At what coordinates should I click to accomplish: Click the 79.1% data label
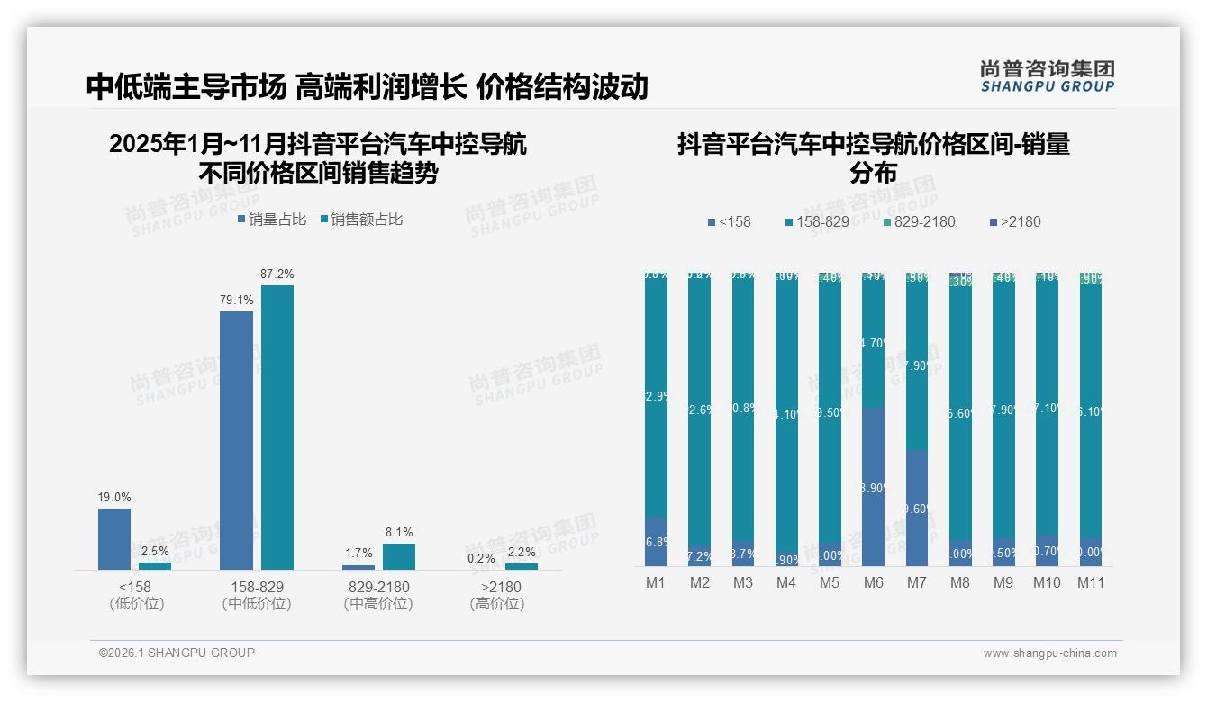pyautogui.click(x=236, y=301)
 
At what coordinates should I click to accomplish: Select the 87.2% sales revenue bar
pyautogui.click(x=277, y=427)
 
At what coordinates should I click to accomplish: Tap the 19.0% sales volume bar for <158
pyautogui.click(x=114, y=538)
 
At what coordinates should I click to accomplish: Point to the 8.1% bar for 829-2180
pyautogui.click(x=399, y=556)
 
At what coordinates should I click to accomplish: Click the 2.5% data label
pyautogui.click(x=155, y=551)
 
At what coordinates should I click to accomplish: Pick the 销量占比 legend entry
pyautogui.click(x=272, y=219)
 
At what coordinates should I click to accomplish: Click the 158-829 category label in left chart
pyautogui.click(x=257, y=587)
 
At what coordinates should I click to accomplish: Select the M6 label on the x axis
pyautogui.click(x=873, y=582)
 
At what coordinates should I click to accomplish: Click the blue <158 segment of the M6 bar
pyautogui.click(x=873, y=487)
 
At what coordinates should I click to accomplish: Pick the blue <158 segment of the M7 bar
pyautogui.click(x=916, y=508)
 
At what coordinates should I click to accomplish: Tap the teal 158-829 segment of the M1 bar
pyautogui.click(x=656, y=396)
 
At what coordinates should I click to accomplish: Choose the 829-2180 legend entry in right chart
pyautogui.click(x=918, y=221)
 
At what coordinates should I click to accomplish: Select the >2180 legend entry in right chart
pyautogui.click(x=1014, y=221)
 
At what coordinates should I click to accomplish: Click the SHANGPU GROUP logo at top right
pyautogui.click(x=1047, y=76)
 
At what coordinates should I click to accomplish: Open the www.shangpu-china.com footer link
pyautogui.click(x=1049, y=653)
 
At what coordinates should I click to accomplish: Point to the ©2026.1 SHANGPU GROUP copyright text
pyautogui.click(x=177, y=652)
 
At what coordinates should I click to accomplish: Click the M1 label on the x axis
pyautogui.click(x=656, y=582)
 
